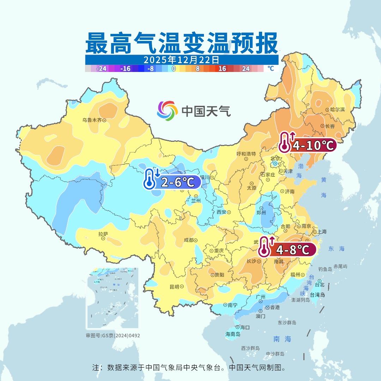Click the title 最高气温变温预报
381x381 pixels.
click(x=181, y=43)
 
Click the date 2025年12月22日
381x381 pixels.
click(x=181, y=60)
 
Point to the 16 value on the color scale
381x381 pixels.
click(x=222, y=69)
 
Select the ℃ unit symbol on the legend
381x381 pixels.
click(x=270, y=68)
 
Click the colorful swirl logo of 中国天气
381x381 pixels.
click(x=167, y=111)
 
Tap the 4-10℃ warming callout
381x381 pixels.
click(x=307, y=145)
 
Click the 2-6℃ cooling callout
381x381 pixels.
click(x=172, y=182)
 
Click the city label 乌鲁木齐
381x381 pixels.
click(x=92, y=120)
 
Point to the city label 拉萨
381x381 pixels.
click(x=103, y=234)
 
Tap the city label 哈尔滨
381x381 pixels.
click(x=337, y=110)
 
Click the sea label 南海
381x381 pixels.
click(x=282, y=339)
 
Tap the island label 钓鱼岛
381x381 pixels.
click(x=325, y=269)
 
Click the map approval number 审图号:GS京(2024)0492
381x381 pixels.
click(x=113, y=335)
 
